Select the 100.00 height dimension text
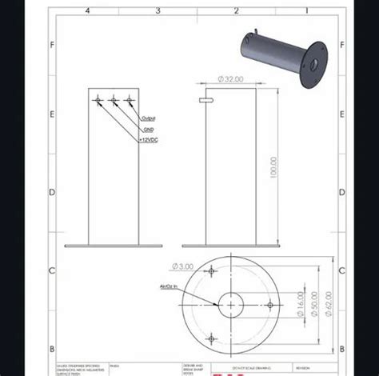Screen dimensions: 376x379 pos(273,167)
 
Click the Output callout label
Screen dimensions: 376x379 pos(148,118)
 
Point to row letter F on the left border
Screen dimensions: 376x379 pos(53,45)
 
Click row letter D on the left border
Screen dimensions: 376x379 pos(53,192)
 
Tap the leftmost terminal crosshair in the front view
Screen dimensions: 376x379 pos(97,100)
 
